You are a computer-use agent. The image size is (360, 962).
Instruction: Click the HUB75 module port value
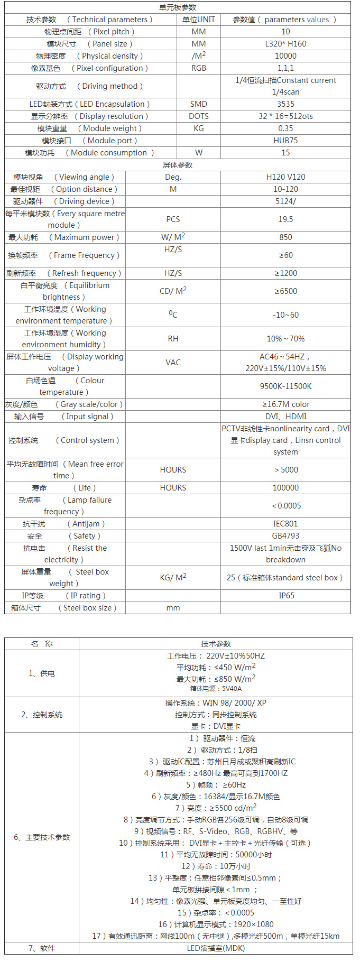[x=285, y=141]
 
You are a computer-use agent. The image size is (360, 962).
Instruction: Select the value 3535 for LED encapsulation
[x=285, y=104]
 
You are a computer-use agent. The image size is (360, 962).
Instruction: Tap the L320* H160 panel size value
[x=285, y=44]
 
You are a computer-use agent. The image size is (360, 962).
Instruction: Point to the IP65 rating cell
[x=286, y=596]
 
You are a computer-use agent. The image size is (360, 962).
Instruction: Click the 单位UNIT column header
[x=199, y=20]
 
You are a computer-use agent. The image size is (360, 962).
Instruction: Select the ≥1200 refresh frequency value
[x=285, y=273]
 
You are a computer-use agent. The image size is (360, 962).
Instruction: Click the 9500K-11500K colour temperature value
[x=285, y=386]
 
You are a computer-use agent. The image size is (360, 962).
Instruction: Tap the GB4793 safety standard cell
[x=285, y=536]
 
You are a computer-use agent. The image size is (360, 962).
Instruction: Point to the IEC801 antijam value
[x=285, y=524]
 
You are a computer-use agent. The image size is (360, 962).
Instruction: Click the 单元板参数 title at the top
[x=178, y=7]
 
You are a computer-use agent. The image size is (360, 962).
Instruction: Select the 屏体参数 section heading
[x=178, y=165]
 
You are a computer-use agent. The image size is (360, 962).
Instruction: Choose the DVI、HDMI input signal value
[x=285, y=417]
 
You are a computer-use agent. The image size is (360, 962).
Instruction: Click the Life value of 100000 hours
[x=285, y=488]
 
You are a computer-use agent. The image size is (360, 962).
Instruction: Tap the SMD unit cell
[x=199, y=104]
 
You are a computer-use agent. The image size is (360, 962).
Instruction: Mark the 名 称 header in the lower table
[x=42, y=644]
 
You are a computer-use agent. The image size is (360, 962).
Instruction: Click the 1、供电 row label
[x=42, y=673]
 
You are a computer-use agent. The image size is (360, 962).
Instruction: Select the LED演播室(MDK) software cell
[x=216, y=948]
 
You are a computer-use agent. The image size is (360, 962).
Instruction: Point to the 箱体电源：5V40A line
[x=216, y=689]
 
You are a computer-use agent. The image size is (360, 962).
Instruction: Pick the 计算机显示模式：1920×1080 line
[x=216, y=924]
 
